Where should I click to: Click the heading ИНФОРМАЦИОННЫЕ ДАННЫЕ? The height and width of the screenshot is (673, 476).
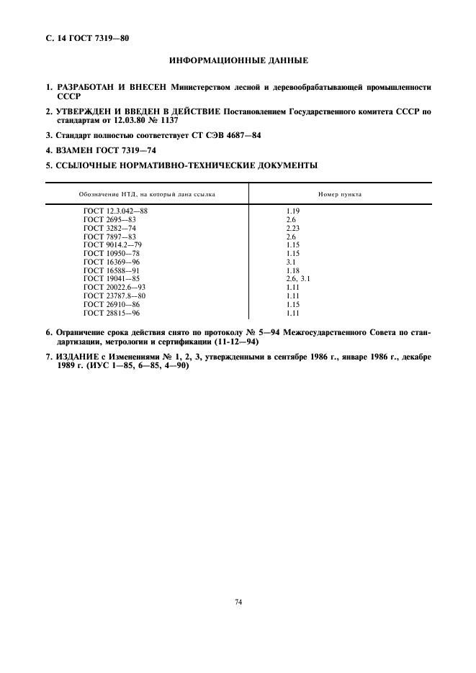(238, 61)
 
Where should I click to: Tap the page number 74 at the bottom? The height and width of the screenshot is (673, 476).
(238, 602)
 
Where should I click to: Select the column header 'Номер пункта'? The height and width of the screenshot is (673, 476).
(340, 194)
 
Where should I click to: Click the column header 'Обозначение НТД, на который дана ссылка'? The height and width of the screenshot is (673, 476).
(147, 194)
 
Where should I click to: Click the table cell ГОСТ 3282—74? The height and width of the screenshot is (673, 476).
(109, 228)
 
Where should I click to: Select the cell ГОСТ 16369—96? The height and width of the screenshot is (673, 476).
(112, 262)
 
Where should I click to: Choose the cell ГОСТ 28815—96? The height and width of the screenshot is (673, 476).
(112, 313)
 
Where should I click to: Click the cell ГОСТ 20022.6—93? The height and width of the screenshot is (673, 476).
(114, 287)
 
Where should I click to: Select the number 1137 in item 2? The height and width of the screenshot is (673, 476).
(167, 120)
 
